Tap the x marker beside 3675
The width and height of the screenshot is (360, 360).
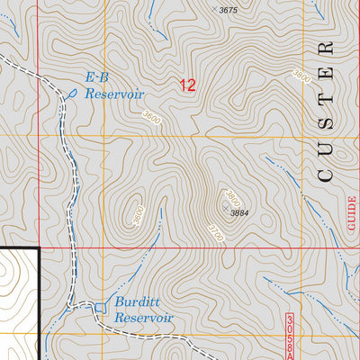(x=213, y=10)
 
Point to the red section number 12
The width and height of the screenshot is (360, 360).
(x=187, y=86)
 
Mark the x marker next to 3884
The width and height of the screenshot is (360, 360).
(x=224, y=207)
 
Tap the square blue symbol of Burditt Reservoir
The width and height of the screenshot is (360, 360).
(x=100, y=309)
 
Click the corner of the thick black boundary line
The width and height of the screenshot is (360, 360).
(x=40, y=247)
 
